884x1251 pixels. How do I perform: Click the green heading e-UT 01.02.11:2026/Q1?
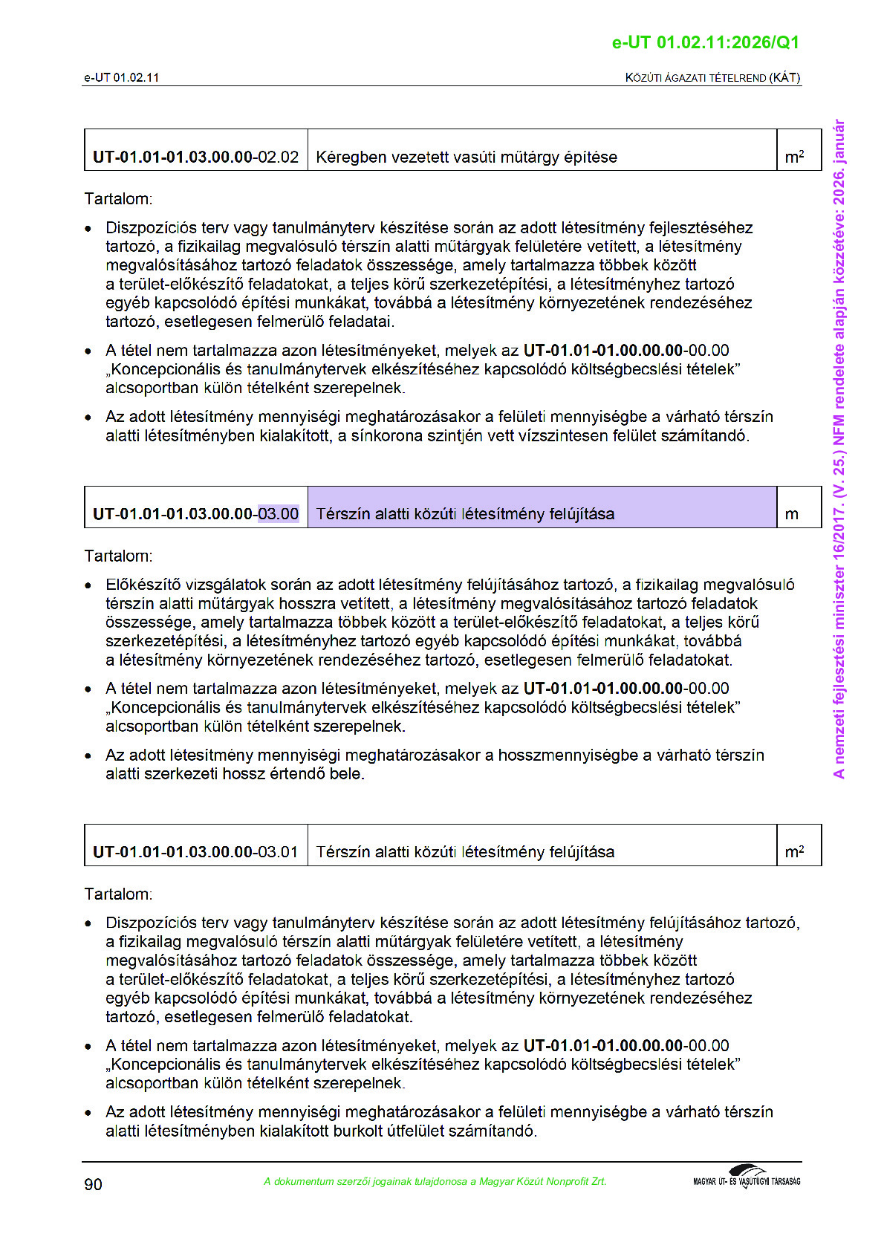pyautogui.click(x=705, y=42)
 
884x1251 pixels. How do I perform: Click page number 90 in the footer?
pyautogui.click(x=93, y=1184)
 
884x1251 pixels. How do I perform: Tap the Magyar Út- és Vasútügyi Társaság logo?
pyautogui.click(x=746, y=1177)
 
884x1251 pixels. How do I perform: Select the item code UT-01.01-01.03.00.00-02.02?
pyautogui.click(x=195, y=157)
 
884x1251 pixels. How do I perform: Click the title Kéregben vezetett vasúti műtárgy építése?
pyautogui.click(x=467, y=157)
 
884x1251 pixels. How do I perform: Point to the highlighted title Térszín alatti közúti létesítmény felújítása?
pyautogui.click(x=465, y=513)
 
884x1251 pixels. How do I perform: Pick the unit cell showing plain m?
pyautogui.click(x=792, y=514)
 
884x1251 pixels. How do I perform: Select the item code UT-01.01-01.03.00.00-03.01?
pyautogui.click(x=195, y=851)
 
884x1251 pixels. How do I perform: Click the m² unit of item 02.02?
pyautogui.click(x=794, y=157)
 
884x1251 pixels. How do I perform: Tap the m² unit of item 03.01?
pyautogui.click(x=794, y=851)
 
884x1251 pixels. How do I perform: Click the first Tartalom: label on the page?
pyautogui.click(x=118, y=198)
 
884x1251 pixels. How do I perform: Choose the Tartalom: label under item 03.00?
pyautogui.click(x=118, y=556)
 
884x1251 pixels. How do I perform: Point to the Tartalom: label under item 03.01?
pyautogui.click(x=118, y=894)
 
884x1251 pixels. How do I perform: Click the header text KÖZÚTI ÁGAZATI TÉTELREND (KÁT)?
pyautogui.click(x=712, y=77)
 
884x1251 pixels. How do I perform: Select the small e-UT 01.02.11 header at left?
pyautogui.click(x=121, y=77)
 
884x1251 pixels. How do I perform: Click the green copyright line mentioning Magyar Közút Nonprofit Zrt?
pyautogui.click(x=435, y=1181)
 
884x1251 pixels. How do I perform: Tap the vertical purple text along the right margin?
pyautogui.click(x=839, y=449)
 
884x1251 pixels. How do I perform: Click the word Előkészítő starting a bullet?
pyautogui.click(x=143, y=585)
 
